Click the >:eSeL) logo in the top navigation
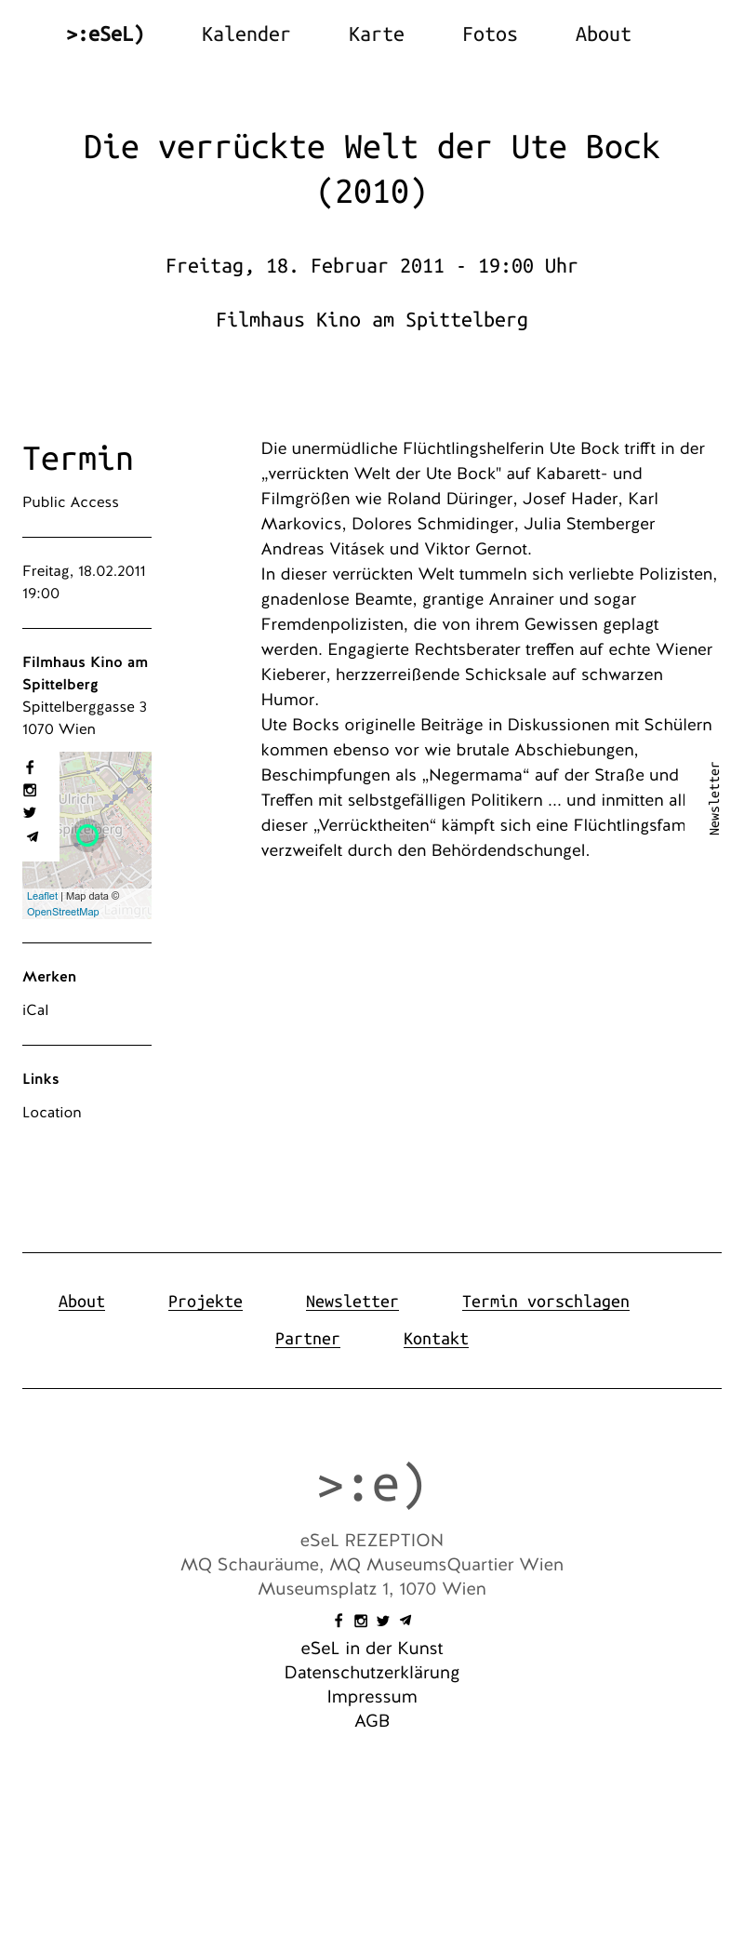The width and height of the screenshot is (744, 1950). click(x=105, y=34)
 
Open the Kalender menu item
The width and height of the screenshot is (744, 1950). click(x=246, y=34)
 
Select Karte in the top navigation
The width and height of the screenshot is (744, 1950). click(x=376, y=34)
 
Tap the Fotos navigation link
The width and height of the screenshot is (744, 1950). click(x=489, y=34)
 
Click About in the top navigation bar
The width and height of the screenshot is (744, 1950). click(x=603, y=34)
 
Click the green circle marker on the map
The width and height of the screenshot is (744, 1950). click(x=87, y=835)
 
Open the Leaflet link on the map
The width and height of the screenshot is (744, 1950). click(x=42, y=896)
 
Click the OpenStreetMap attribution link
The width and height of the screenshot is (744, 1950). click(x=62, y=912)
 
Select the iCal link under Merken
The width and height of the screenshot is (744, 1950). click(x=35, y=1010)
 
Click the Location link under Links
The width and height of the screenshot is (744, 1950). click(x=52, y=1113)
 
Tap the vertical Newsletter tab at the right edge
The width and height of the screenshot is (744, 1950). click(x=714, y=799)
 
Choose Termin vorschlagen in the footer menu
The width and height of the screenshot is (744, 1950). click(x=545, y=1302)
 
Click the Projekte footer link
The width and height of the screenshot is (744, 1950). click(x=206, y=1302)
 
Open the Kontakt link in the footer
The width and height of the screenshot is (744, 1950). click(x=435, y=1339)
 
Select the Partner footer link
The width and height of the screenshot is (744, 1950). click(x=307, y=1339)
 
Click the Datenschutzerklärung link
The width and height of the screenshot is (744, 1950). click(x=372, y=1673)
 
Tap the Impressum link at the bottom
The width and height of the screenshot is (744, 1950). click(x=372, y=1697)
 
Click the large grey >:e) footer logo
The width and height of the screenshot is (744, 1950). click(x=371, y=1485)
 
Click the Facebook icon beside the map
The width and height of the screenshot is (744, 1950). click(x=30, y=768)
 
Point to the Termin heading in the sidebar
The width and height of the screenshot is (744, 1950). click(x=78, y=459)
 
